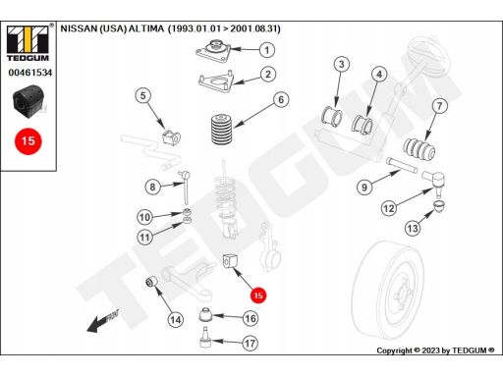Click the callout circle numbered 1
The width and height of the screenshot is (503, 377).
click(267, 50)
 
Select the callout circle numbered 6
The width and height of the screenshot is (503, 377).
click(281, 99)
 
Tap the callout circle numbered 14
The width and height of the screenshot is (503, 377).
click(176, 319)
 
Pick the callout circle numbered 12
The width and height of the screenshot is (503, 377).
click(389, 208)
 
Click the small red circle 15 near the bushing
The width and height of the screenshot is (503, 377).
click(258, 296)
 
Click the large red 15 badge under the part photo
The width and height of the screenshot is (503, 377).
click(28, 141)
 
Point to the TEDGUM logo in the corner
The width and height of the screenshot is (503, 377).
click(28, 42)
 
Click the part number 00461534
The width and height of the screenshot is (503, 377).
click(30, 73)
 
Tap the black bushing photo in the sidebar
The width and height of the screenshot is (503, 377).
click(28, 101)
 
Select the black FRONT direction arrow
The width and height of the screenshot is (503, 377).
click(103, 320)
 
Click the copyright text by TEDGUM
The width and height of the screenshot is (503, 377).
click(435, 350)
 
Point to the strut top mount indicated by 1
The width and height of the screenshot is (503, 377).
click(213, 51)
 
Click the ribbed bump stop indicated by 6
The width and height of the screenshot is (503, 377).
click(222, 129)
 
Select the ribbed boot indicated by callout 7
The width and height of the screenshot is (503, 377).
click(419, 150)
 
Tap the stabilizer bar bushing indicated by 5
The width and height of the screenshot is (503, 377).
click(171, 136)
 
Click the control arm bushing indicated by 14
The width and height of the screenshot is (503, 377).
click(151, 282)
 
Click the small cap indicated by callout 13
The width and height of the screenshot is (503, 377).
click(439, 206)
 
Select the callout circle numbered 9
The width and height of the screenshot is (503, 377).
click(364, 188)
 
